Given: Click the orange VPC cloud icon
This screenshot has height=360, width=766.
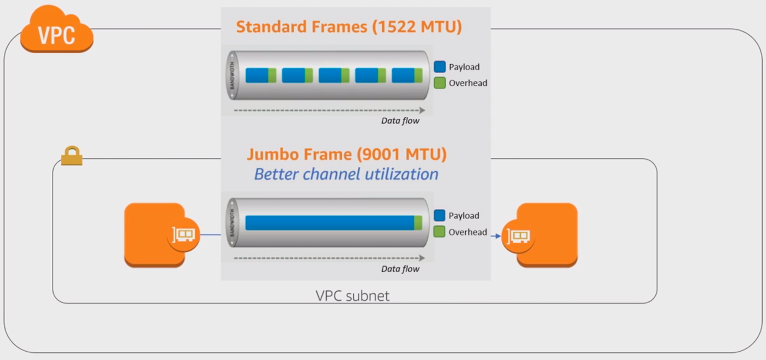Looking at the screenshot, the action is pyautogui.click(x=57, y=29).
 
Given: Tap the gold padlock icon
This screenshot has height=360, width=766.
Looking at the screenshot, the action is pyautogui.click(x=72, y=156).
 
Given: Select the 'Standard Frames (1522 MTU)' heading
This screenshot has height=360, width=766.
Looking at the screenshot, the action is pyautogui.click(x=349, y=27).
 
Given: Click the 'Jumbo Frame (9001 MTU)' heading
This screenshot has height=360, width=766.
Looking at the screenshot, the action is pyautogui.click(x=347, y=154).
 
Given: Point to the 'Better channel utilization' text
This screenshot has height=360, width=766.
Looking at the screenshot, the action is pyautogui.click(x=346, y=174).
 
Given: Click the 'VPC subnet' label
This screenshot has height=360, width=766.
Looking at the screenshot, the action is pyautogui.click(x=352, y=296).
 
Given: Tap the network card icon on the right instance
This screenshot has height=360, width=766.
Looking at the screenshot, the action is pyautogui.click(x=518, y=236).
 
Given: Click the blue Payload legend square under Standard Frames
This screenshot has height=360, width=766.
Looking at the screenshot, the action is pyautogui.click(x=440, y=67).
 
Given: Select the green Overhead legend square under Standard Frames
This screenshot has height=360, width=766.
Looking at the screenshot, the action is pyautogui.click(x=440, y=83).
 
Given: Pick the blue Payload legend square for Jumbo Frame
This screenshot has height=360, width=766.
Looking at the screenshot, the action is pyautogui.click(x=440, y=215).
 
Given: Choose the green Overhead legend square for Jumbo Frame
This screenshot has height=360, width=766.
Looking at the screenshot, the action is pyautogui.click(x=440, y=232).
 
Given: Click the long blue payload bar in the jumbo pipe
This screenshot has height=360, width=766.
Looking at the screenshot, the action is pyautogui.click(x=330, y=223).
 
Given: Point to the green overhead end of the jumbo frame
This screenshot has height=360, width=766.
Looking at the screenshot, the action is pyautogui.click(x=418, y=223).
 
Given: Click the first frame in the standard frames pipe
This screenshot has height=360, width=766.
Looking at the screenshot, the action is pyautogui.click(x=261, y=75).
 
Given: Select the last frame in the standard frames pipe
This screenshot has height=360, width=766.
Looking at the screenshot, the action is pyautogui.click(x=407, y=75).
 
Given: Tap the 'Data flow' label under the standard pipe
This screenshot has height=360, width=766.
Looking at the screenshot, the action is pyautogui.click(x=400, y=121).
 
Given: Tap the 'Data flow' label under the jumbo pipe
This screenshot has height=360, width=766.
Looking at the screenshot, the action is pyautogui.click(x=400, y=269).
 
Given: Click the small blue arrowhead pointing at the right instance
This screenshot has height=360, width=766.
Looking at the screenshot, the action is pyautogui.click(x=498, y=236).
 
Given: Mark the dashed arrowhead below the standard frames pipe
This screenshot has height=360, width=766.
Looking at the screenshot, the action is pyautogui.click(x=423, y=110).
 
